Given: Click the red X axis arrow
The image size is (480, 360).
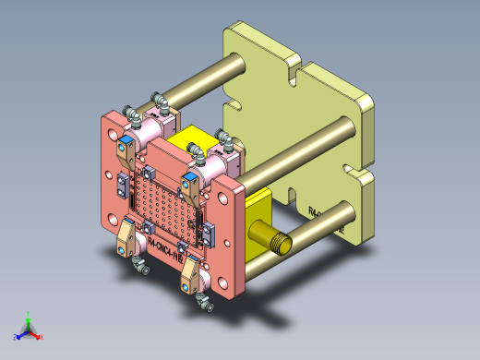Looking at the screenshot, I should tap(40, 336).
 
